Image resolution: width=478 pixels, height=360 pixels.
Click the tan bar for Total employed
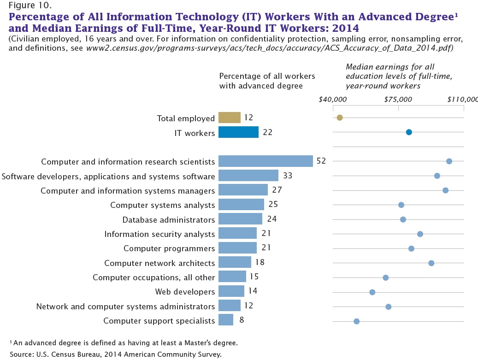click(x=229, y=118)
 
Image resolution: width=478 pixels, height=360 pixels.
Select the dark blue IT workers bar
click(x=238, y=132)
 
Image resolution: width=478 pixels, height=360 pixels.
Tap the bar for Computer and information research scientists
click(x=266, y=161)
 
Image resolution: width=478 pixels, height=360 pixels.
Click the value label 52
click(x=321, y=161)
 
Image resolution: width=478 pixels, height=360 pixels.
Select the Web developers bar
click(x=231, y=292)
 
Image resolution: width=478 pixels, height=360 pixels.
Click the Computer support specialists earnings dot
click(x=356, y=321)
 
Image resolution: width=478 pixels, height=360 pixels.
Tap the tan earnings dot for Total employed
click(x=340, y=118)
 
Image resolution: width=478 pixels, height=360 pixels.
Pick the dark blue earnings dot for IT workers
click(x=409, y=132)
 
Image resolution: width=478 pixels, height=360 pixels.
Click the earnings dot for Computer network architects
click(x=431, y=263)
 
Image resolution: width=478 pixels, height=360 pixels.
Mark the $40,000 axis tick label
click(x=332, y=99)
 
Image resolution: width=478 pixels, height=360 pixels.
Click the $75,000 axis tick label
click(x=398, y=99)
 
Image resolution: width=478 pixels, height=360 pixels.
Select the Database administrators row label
click(x=168, y=219)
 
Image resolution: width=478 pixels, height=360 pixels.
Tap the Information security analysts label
click(x=159, y=234)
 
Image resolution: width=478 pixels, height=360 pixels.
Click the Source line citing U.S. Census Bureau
click(x=115, y=354)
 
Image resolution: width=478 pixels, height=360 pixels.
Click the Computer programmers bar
click(x=237, y=248)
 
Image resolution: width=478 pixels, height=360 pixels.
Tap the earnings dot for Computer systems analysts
click(x=401, y=205)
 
